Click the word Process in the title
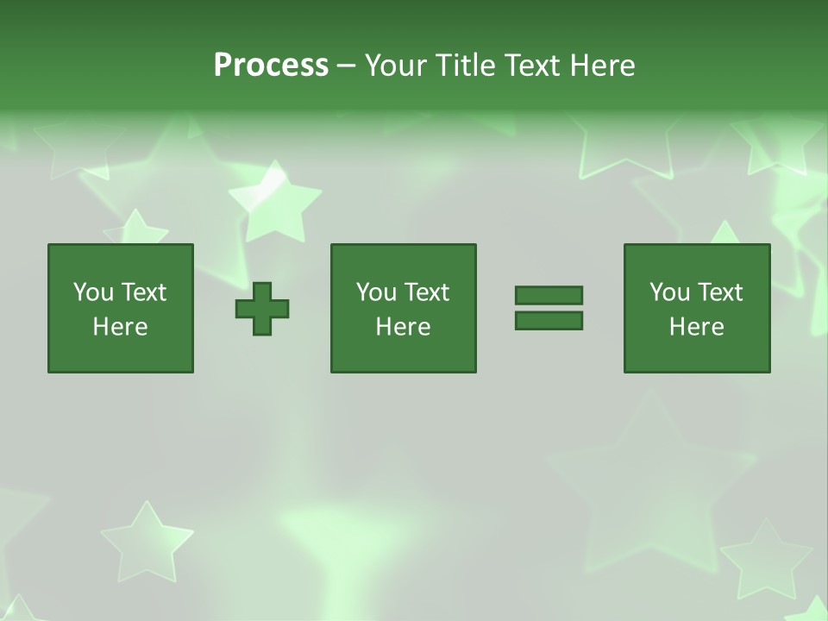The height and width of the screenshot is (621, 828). [271, 66]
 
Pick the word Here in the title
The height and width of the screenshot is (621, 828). [602, 66]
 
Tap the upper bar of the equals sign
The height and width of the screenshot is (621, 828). [549, 295]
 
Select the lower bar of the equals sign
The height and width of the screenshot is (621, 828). [549, 321]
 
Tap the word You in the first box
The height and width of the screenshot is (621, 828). [94, 292]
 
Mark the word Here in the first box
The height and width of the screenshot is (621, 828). [121, 327]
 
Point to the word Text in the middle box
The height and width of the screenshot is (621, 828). [428, 292]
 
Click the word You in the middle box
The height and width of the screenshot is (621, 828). [377, 292]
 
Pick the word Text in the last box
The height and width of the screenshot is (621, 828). [721, 292]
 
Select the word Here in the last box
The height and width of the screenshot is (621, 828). [697, 327]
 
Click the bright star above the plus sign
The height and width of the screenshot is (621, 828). [274, 203]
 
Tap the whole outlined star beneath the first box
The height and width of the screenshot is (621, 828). [147, 543]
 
